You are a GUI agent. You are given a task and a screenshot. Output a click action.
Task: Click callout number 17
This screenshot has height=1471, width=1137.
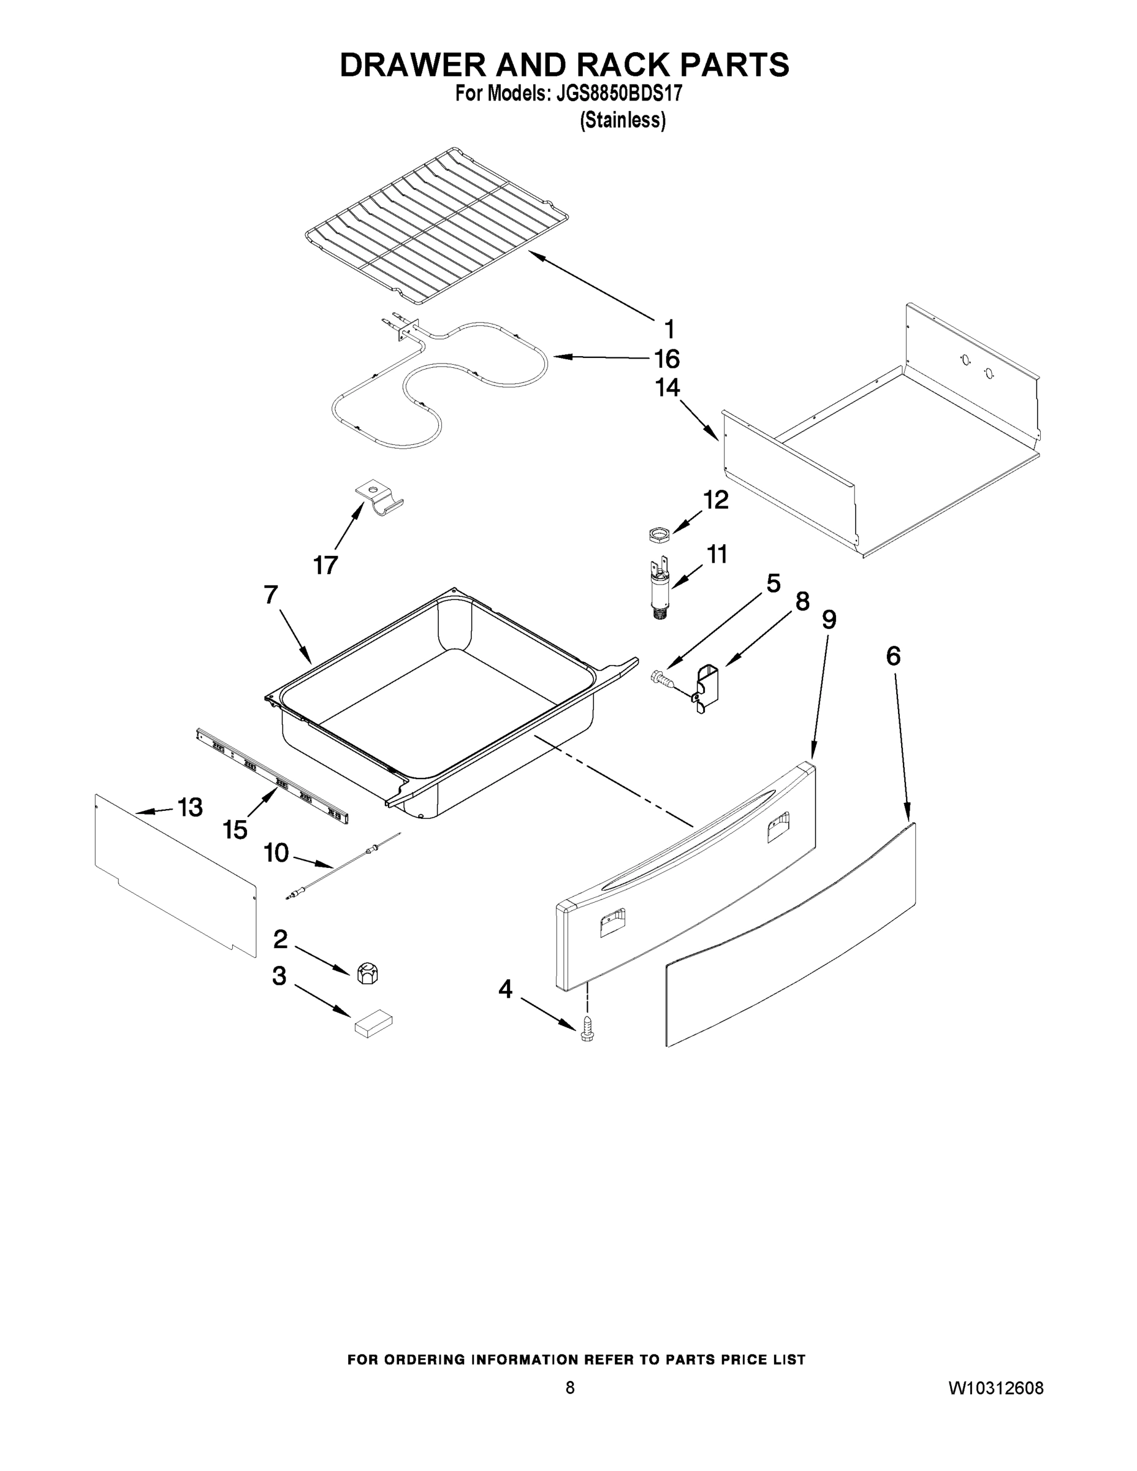tap(325, 565)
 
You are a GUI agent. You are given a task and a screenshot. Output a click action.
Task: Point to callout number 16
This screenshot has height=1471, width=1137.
tap(667, 359)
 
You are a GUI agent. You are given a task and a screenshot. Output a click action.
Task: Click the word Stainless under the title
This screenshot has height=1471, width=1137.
tap(623, 121)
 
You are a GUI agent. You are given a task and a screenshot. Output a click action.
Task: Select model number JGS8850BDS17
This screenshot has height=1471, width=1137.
tap(619, 93)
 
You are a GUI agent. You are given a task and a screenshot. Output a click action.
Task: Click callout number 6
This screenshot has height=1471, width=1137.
tap(892, 655)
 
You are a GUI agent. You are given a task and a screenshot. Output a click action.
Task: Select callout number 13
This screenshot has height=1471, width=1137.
tap(190, 807)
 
